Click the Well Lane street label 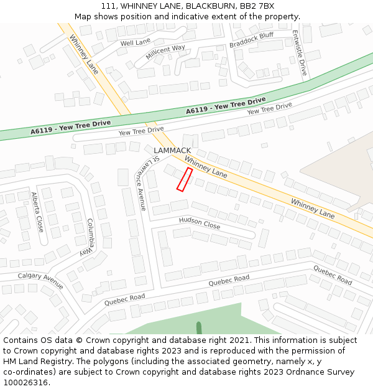pyautogui.click(x=135, y=42)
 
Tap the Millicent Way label pyautogui.click(x=165, y=52)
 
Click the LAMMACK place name pyautogui.click(x=172, y=151)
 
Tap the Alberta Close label pyautogui.click(x=38, y=212)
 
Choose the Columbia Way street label pyautogui.click(x=87, y=237)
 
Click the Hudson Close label pyautogui.click(x=200, y=222)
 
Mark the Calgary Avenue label pyautogui.click(x=40, y=281)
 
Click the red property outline pyautogui.click(x=184, y=179)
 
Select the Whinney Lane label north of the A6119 pyautogui.click(x=84, y=54)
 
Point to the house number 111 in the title pyautogui.click(x=108, y=6)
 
